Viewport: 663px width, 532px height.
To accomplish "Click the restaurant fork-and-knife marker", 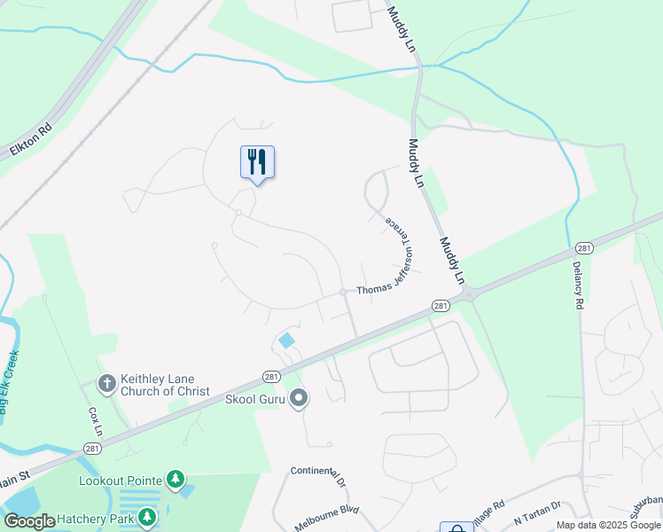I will pos(257,162).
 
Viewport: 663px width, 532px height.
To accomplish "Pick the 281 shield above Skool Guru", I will pos(273,376).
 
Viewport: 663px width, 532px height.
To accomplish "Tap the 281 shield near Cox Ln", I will pos(92,449).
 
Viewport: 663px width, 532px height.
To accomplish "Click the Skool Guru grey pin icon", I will pos(299,399).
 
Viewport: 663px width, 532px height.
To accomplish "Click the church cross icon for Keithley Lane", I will pos(106,384).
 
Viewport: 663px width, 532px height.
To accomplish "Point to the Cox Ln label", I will pos(96,421).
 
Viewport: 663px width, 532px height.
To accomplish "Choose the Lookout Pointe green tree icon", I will pos(175,480).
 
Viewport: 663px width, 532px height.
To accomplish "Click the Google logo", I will pos(29,521).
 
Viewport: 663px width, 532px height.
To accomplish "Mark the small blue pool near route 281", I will pos(286,340).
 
